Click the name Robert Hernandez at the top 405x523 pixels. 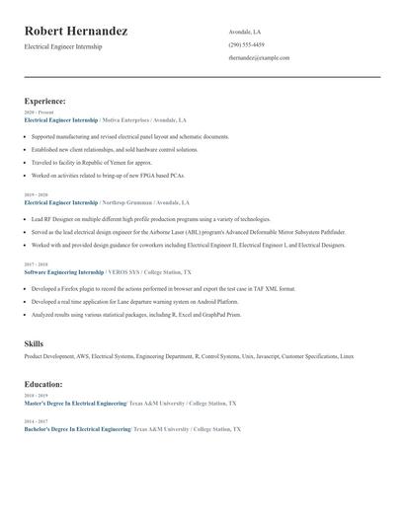(x=76, y=32)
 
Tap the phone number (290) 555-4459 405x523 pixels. (x=246, y=44)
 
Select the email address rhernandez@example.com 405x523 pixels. (x=259, y=58)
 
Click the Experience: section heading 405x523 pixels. (x=45, y=101)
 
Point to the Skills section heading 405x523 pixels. (x=34, y=343)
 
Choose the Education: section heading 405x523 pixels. (x=43, y=384)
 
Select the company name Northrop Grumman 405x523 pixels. (x=133, y=202)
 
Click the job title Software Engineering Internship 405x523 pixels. (x=63, y=271)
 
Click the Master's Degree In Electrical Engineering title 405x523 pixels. (x=75, y=404)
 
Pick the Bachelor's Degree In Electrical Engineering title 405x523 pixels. (x=77, y=430)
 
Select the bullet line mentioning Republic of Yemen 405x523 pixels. (x=92, y=163)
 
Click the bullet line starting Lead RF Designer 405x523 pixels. (x=150, y=219)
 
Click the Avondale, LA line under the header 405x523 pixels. (x=245, y=31)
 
